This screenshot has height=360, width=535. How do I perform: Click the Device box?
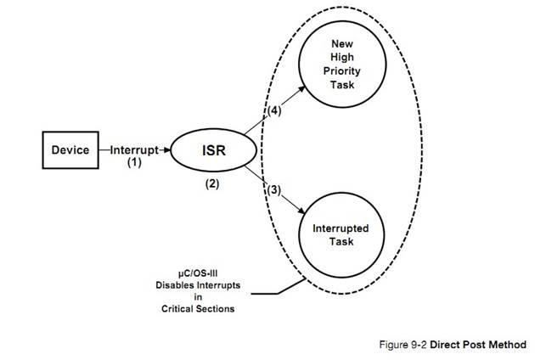click(x=70, y=150)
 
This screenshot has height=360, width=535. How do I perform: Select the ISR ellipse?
click(x=212, y=151)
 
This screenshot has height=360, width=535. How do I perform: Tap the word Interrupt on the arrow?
click(x=132, y=149)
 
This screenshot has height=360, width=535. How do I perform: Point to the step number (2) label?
click(x=212, y=183)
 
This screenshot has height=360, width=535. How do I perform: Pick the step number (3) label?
click(x=273, y=189)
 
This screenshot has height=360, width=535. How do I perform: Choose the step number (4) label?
click(x=273, y=111)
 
